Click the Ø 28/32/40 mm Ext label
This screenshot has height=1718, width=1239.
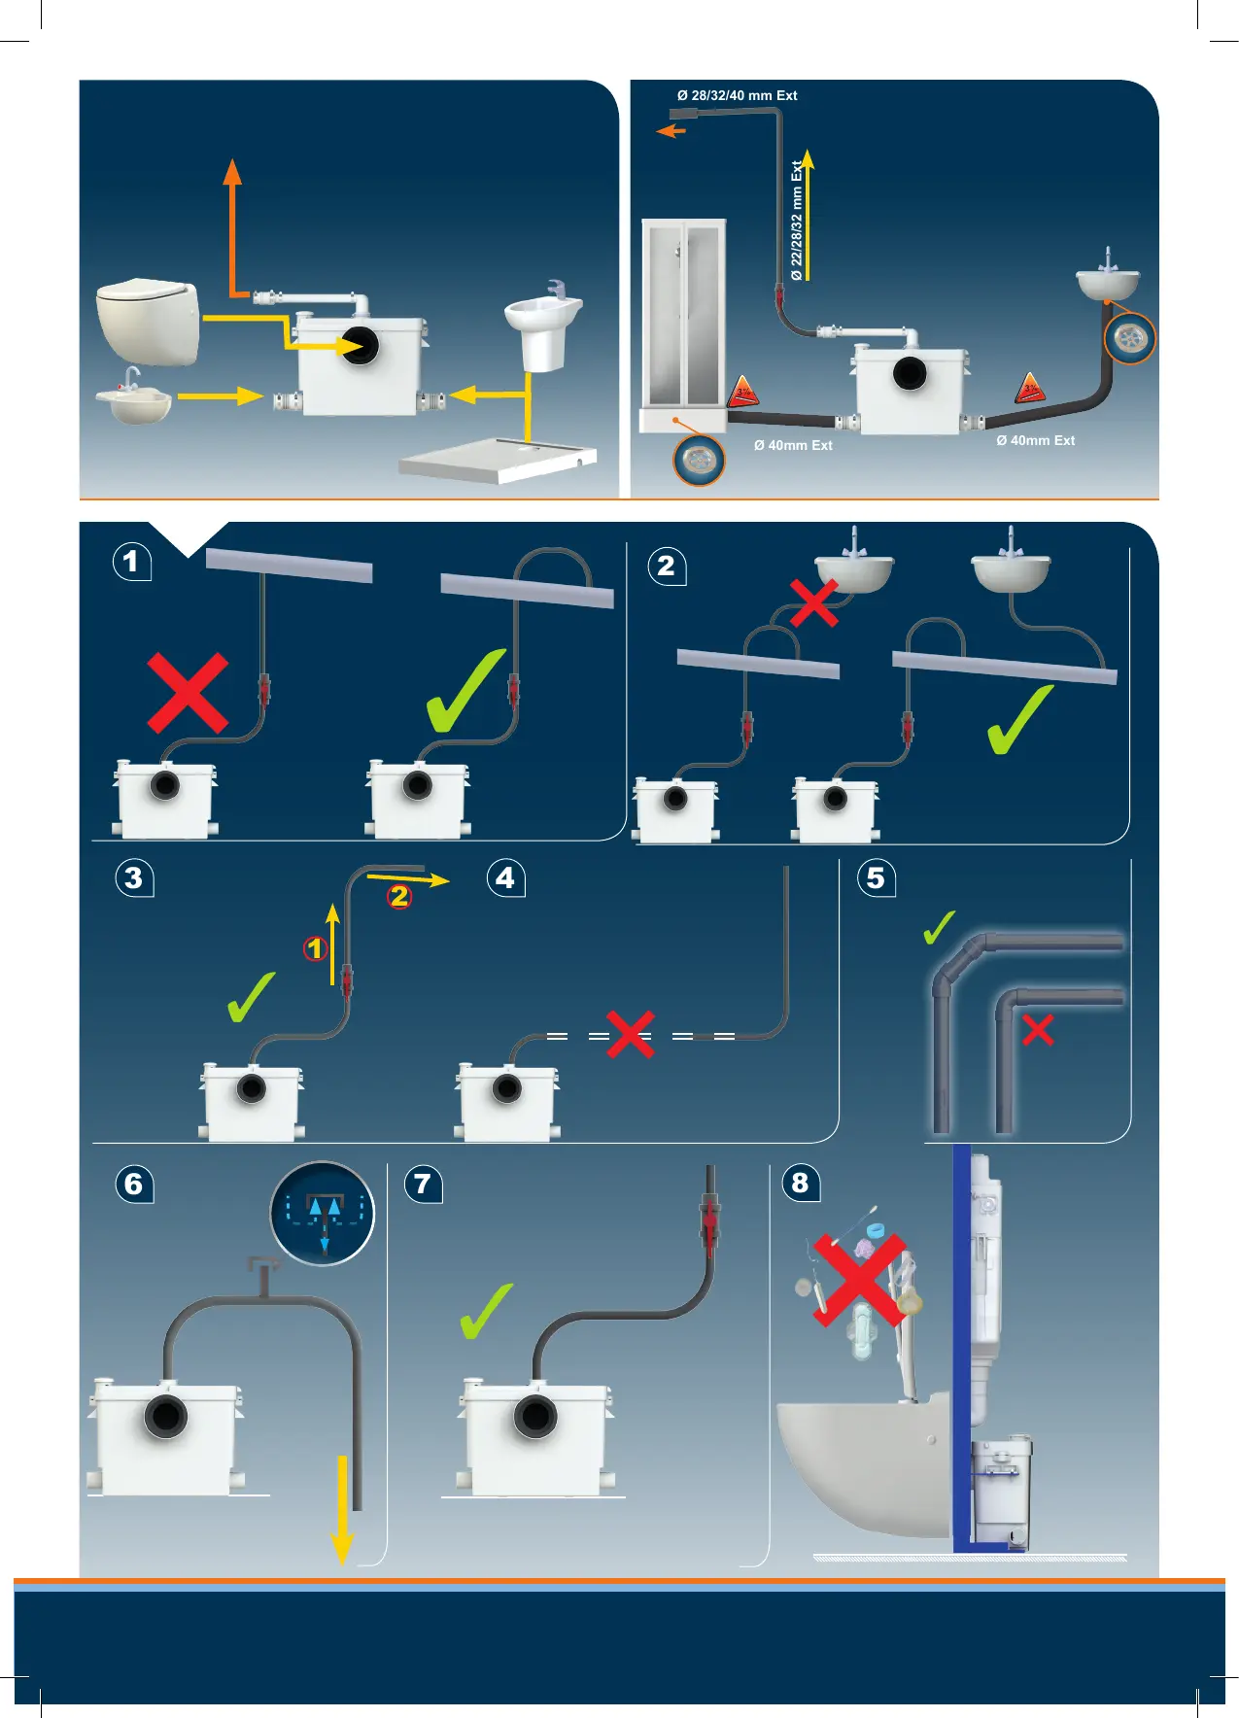[x=737, y=95]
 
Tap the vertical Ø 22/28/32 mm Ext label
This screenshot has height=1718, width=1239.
[x=797, y=221]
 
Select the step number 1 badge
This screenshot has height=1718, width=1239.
[x=132, y=562]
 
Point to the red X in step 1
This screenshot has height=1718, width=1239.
[x=188, y=693]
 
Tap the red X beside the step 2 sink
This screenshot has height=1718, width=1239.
[x=813, y=603]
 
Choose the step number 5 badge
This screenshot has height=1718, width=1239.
[x=876, y=878]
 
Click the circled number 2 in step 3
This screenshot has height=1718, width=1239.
[x=399, y=896]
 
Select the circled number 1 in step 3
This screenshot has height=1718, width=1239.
[x=315, y=947]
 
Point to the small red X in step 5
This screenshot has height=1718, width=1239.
[x=1038, y=1029]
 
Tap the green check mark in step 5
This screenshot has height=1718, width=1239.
[x=939, y=929]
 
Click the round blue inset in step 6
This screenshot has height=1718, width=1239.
[x=323, y=1214]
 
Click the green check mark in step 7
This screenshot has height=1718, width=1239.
[x=485, y=1312]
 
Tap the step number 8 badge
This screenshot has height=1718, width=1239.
[x=801, y=1184]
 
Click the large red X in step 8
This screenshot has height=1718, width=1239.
[x=859, y=1280]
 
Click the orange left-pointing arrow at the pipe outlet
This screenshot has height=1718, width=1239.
[x=671, y=131]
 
